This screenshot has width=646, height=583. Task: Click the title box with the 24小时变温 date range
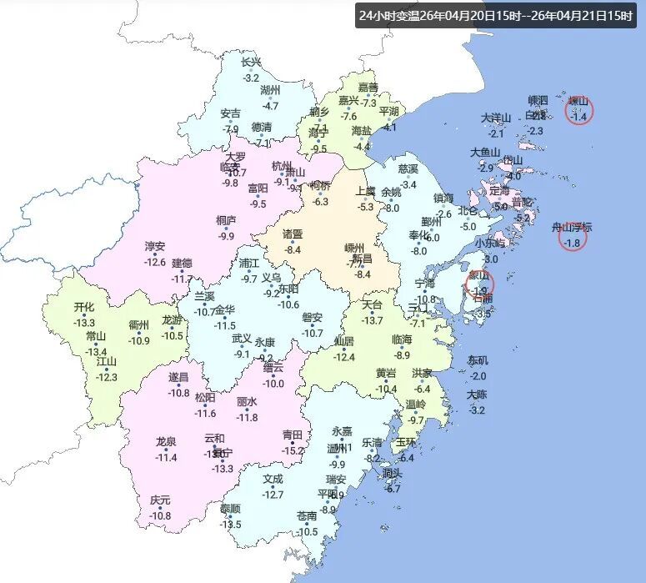click(x=496, y=16)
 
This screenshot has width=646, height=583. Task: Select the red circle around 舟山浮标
click(x=573, y=238)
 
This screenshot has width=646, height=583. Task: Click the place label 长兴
click(x=251, y=63)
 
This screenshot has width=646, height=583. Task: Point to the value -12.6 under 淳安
click(x=155, y=263)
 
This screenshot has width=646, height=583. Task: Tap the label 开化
click(x=84, y=307)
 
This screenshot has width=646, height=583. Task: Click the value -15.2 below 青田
click(x=293, y=450)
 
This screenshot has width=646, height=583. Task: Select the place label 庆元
click(x=160, y=500)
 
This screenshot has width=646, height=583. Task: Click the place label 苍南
click(x=308, y=517)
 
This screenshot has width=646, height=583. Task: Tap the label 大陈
click(x=477, y=395)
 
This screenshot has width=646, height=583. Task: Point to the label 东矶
click(x=478, y=361)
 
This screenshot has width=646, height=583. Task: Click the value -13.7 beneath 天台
click(x=372, y=320)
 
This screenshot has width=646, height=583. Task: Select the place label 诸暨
click(x=293, y=234)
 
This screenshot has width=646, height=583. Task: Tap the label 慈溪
click(x=408, y=169)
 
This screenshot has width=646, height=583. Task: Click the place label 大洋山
click(x=496, y=118)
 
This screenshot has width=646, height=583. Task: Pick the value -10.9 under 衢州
click(x=138, y=340)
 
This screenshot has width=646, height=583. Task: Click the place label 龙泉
click(x=166, y=442)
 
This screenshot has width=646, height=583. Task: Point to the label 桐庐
click(x=226, y=221)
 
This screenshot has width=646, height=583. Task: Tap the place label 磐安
click(x=312, y=318)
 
